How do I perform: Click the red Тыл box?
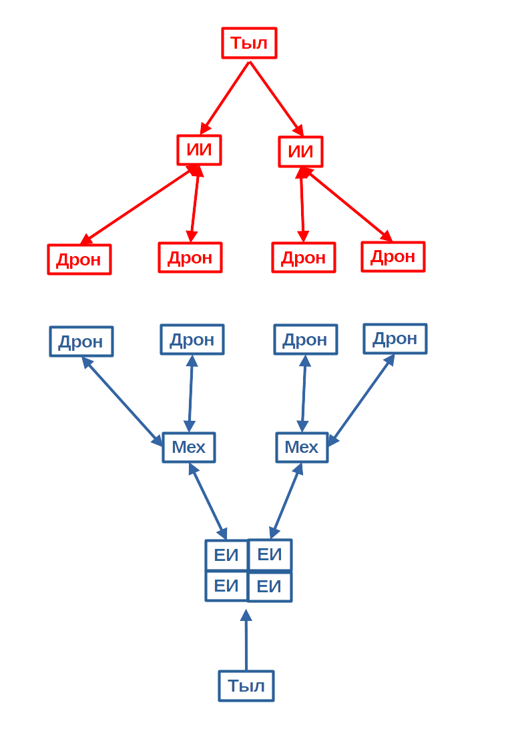[x=249, y=43]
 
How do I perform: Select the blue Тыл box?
[x=246, y=686]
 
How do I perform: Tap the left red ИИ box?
[x=200, y=150]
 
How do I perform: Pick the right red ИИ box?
[x=300, y=152]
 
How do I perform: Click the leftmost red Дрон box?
[x=79, y=259]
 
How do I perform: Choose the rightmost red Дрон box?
[x=393, y=257]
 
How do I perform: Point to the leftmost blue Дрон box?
[x=81, y=341]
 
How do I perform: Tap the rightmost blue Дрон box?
[x=394, y=339]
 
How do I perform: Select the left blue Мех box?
[x=189, y=448]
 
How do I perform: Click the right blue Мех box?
[x=302, y=448]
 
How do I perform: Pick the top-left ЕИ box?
[x=226, y=555]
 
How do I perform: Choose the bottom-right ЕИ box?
[x=270, y=586]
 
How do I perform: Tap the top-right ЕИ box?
[x=270, y=555]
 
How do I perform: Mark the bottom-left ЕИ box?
[x=226, y=586]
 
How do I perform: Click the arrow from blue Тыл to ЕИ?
[x=246, y=640]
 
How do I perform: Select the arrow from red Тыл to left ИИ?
[x=225, y=98]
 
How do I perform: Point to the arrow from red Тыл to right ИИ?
[x=277, y=99]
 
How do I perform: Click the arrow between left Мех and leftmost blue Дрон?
[x=122, y=402]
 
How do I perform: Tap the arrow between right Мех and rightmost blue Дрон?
[x=361, y=400]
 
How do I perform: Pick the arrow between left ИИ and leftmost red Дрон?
[x=139, y=205]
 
